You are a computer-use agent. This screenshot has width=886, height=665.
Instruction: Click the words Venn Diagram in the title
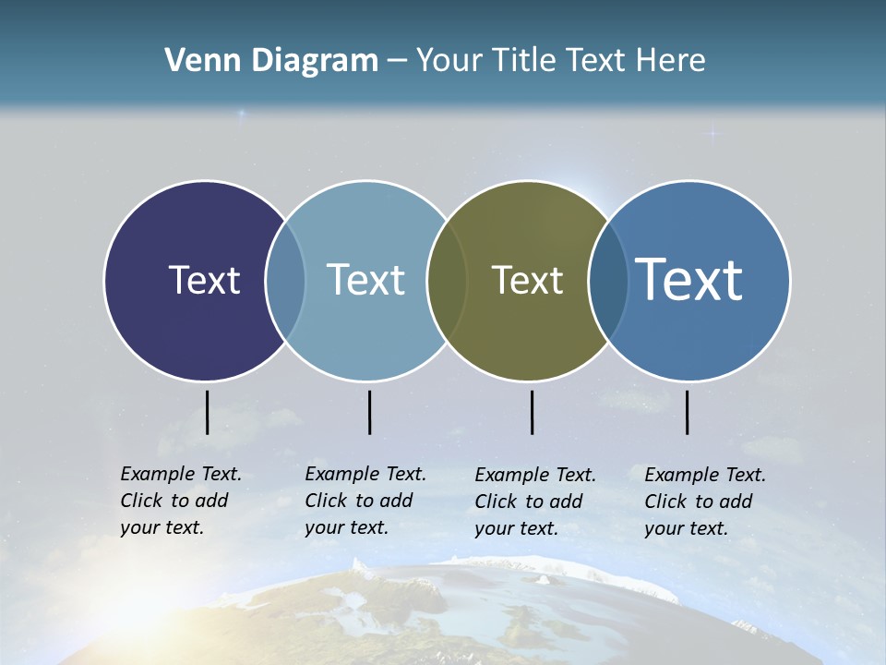pos(271,61)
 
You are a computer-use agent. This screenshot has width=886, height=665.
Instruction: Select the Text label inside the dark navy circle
pos(204,280)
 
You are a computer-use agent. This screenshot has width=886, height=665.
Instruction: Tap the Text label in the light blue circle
pos(366,280)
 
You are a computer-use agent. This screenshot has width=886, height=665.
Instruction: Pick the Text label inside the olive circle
pos(527,280)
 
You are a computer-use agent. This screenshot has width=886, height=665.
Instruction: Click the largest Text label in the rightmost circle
pos(689,279)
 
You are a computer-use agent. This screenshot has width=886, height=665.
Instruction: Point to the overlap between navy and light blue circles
pos(285,280)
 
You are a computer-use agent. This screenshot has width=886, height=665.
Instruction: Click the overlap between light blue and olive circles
pos(447,280)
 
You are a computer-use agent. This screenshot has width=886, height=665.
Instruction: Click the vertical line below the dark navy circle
pos(208,412)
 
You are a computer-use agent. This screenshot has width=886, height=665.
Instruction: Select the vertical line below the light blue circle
pos(369,412)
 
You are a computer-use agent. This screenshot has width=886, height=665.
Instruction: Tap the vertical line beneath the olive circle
pos(533,412)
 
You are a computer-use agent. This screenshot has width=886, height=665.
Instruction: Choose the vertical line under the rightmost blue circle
pos(688,412)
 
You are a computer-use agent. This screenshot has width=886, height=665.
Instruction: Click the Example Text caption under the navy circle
pos(181,501)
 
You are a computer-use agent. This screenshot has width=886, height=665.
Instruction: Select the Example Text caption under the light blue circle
pos(365,501)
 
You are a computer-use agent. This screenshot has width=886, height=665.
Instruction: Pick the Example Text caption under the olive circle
pos(535,502)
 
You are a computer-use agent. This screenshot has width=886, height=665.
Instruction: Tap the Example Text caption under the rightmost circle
pos(705,502)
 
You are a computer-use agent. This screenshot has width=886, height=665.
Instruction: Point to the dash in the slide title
pos(396,61)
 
